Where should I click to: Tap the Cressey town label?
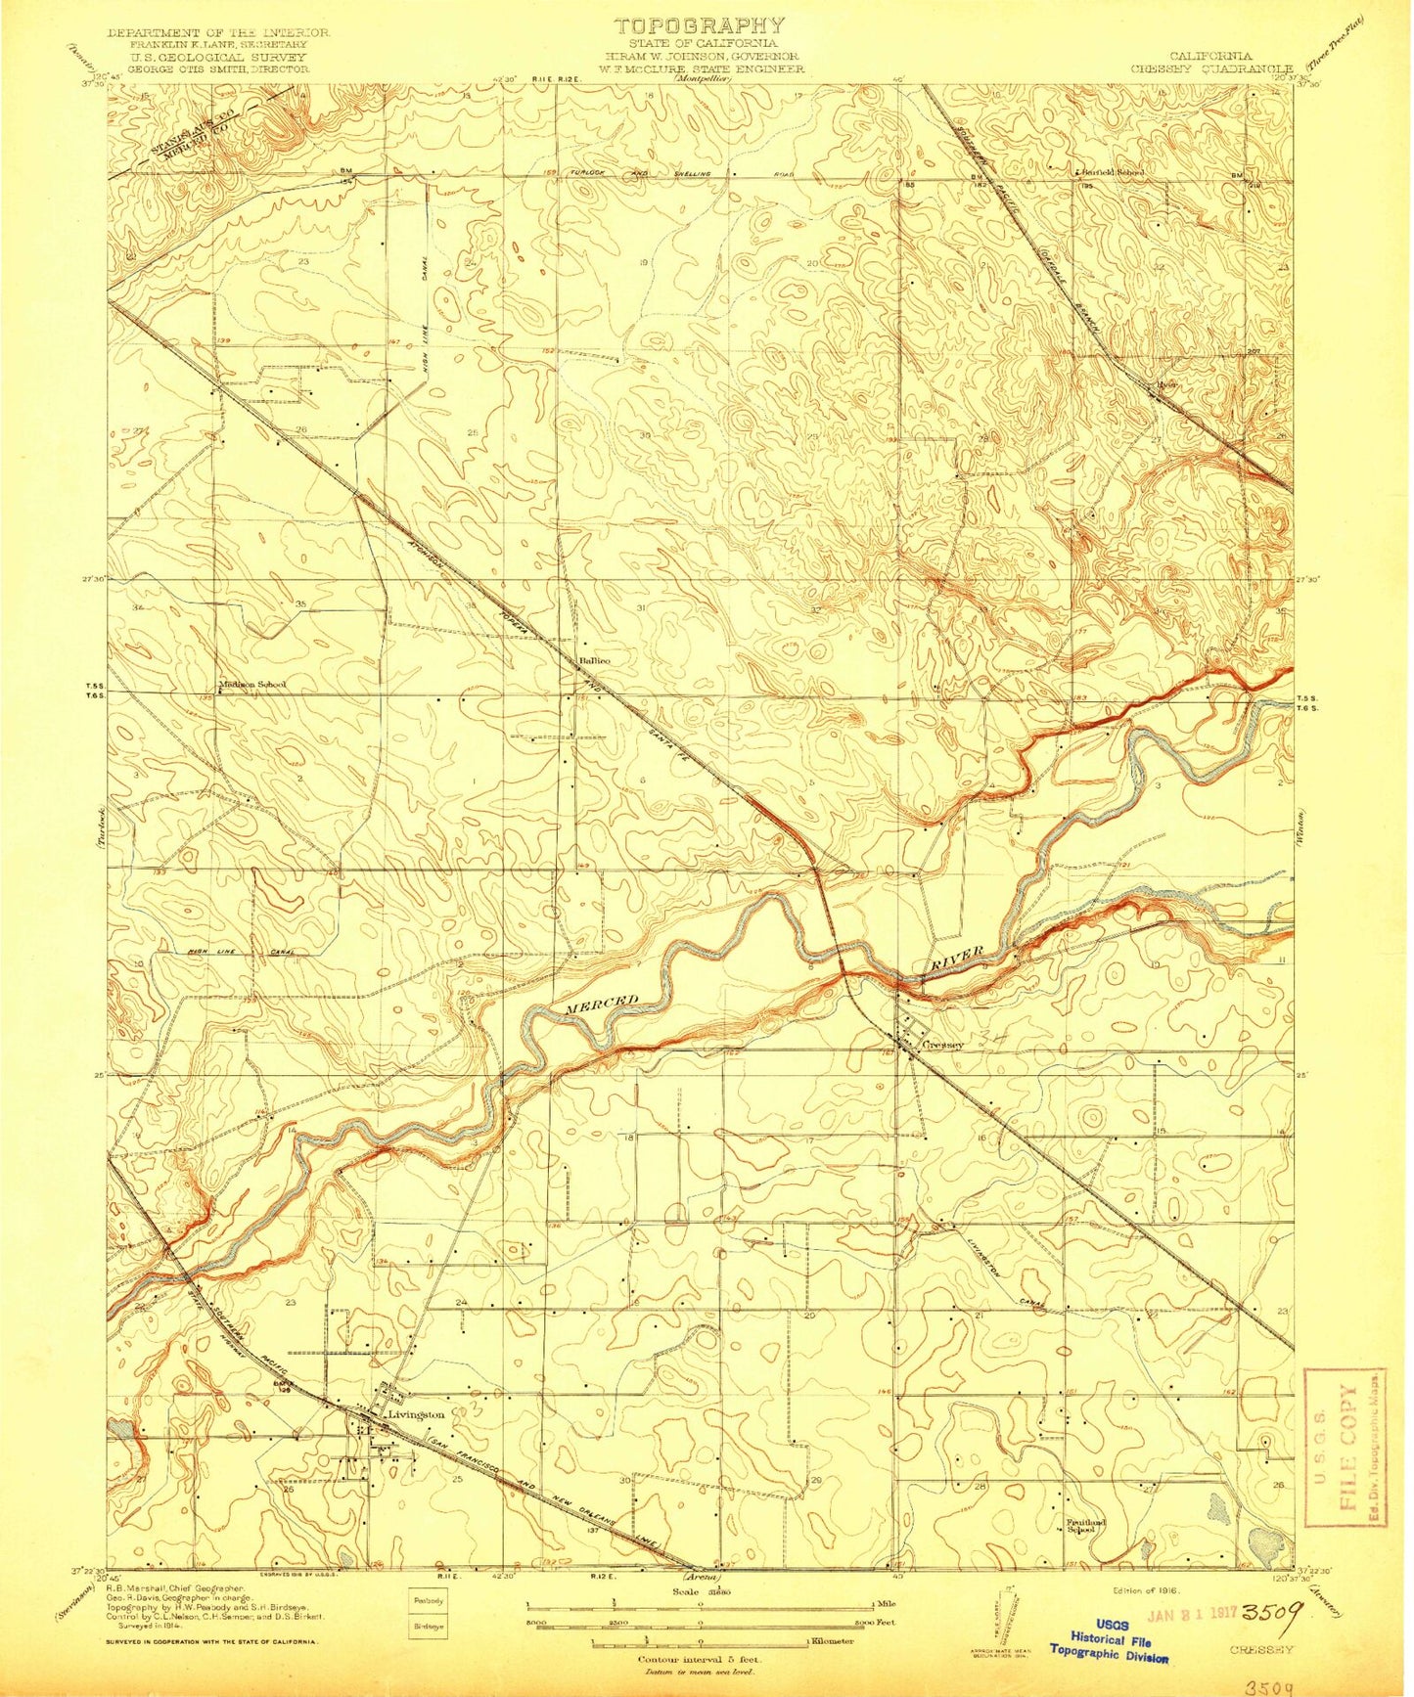click(943, 1045)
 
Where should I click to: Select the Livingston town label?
click(416, 1414)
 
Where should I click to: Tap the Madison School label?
click(252, 685)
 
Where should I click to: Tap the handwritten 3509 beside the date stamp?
click(1270, 1609)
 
